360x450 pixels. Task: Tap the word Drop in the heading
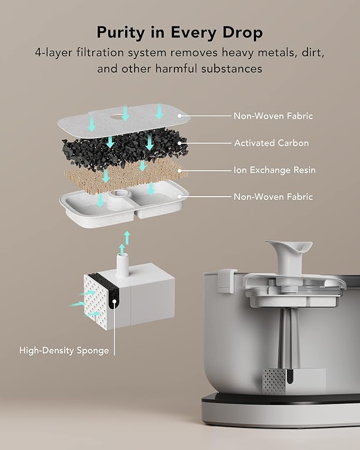[243, 33]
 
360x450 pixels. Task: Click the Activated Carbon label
[271, 143]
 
